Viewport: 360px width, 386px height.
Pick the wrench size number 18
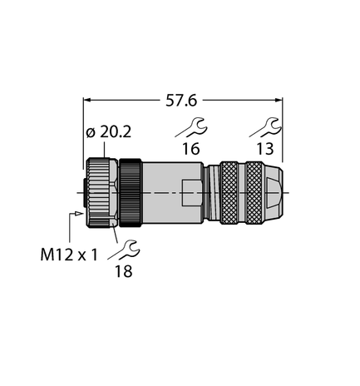123,271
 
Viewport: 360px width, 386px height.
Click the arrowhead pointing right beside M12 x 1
80,214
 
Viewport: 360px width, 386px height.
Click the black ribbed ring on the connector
131,193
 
